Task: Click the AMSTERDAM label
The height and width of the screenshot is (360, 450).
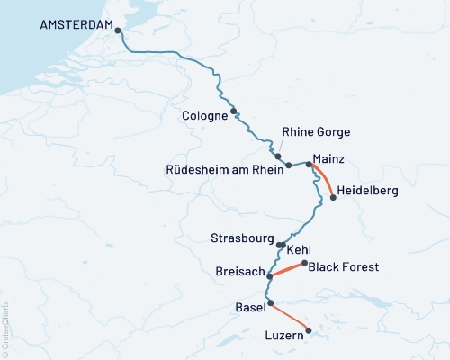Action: [x=76, y=25]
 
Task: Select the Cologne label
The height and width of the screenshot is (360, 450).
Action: [x=204, y=116]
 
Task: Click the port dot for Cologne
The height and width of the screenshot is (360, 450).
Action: [x=234, y=112]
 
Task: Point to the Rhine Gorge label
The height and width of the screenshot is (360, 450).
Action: [x=316, y=132]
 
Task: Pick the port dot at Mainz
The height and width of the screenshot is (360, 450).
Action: [x=309, y=164]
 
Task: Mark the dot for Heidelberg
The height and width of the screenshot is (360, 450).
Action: [x=334, y=198]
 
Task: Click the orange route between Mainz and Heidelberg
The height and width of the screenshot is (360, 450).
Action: [x=325, y=178]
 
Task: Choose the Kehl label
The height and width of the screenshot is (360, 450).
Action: [x=300, y=249]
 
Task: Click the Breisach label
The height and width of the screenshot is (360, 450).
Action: [x=239, y=271]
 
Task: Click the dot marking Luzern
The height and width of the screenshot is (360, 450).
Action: [x=308, y=330]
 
